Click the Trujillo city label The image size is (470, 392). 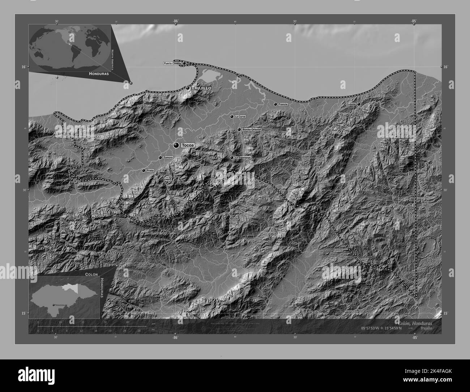[201, 88]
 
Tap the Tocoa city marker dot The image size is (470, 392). [176, 145]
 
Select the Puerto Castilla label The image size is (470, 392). [172, 63]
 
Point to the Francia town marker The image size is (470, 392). [275, 104]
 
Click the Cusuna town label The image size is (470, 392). [351, 104]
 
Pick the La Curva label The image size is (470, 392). [240, 117]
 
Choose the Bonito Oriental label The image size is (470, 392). [252, 129]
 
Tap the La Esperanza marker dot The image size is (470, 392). [232, 158]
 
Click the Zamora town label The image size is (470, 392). [168, 158]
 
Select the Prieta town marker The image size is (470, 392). [144, 170]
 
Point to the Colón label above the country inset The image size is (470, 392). [92, 274]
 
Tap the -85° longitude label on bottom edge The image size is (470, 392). [414, 337]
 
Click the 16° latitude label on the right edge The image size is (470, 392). [445, 67]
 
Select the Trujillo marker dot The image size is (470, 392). [188, 88]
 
